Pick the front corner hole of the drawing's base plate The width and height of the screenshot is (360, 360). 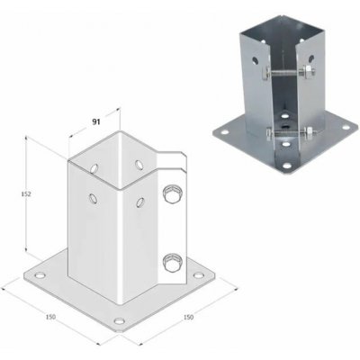tap(119, 319)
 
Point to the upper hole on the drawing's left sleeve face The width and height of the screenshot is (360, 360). tap(95, 166)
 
